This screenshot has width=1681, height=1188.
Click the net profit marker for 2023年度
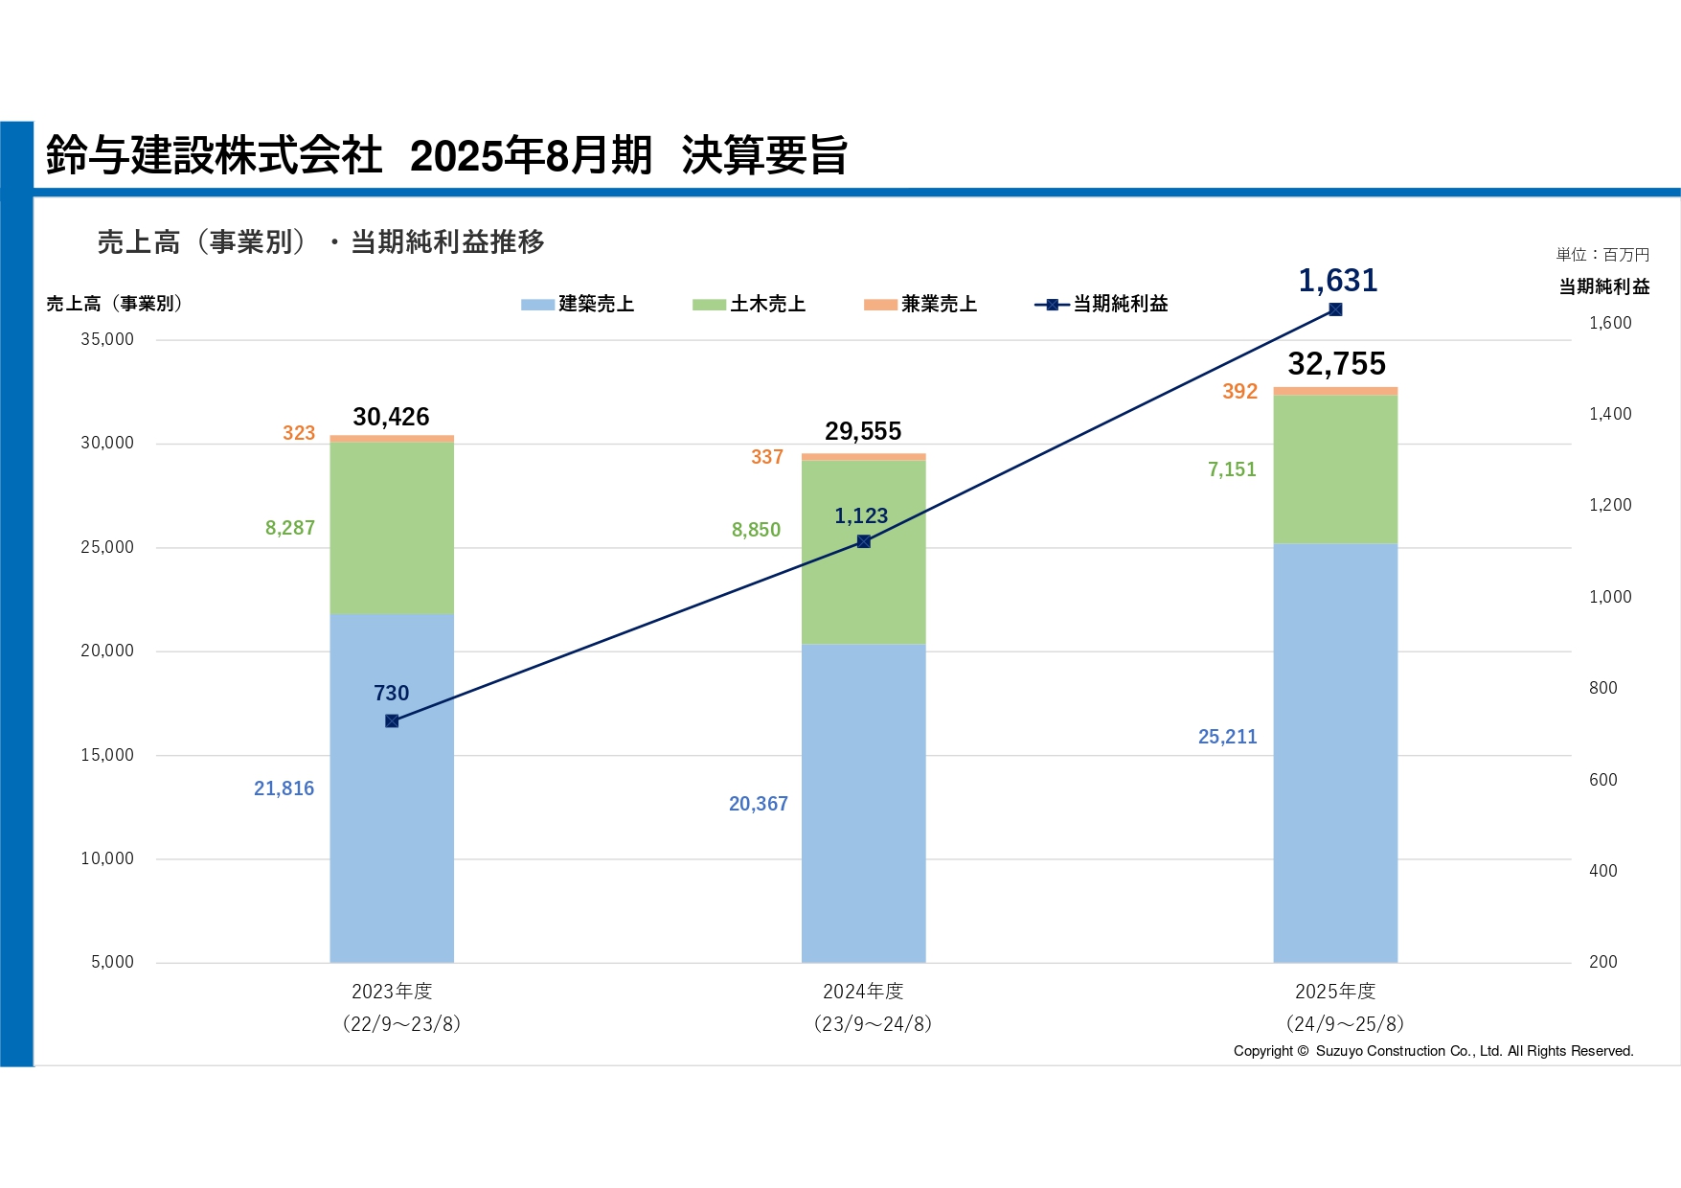[x=392, y=720]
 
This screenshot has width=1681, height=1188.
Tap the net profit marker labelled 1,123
[x=863, y=541]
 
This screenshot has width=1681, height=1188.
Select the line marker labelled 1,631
[x=1335, y=309]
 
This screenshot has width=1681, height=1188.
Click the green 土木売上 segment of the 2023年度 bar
[x=392, y=527]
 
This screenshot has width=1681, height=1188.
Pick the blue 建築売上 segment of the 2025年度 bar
[x=1335, y=752]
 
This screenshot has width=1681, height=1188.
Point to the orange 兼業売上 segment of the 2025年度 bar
[x=1335, y=391]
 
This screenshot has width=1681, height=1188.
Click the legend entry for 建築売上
[x=578, y=304]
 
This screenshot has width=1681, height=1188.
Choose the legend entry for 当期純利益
[x=1102, y=304]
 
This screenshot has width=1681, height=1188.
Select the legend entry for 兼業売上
[x=920, y=304]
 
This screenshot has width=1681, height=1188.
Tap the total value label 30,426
[x=391, y=417]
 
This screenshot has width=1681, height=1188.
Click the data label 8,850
[x=756, y=530]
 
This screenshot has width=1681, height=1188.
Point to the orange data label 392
[x=1239, y=391]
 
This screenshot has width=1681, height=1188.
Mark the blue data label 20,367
[x=758, y=804]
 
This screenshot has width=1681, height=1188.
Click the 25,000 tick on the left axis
[x=107, y=547]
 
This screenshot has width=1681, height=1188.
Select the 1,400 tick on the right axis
[x=1610, y=414]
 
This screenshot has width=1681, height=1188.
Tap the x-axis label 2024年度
[x=863, y=991]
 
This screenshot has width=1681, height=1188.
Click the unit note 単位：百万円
[x=1602, y=254]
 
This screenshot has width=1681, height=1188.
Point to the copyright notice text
[x=1433, y=1051]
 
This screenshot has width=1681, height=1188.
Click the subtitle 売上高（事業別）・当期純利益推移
[x=321, y=241]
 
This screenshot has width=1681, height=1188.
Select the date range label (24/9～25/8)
[x=1345, y=1023]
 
